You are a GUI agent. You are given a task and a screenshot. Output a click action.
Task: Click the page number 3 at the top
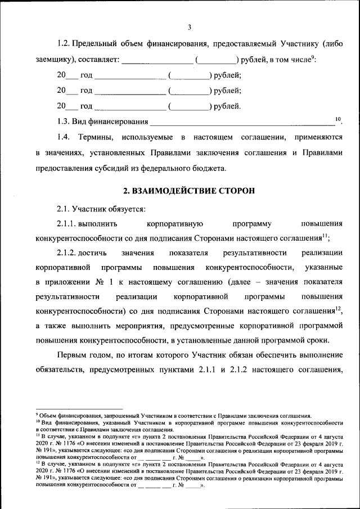tap(190, 27)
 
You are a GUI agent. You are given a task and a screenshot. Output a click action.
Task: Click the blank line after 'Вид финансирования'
tap(242, 121)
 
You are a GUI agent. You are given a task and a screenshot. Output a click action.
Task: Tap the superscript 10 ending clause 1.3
tap(338, 118)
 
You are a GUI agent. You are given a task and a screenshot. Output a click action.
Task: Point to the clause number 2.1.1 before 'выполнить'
tap(66, 223)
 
